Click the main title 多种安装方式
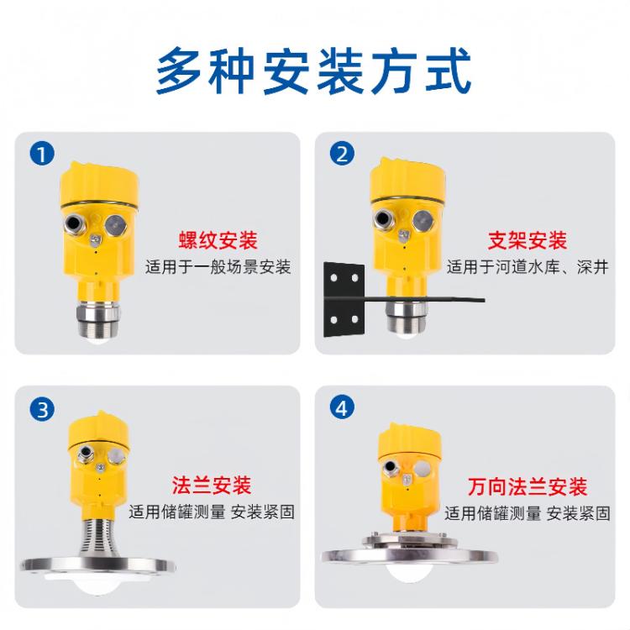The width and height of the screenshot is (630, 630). click(313, 71)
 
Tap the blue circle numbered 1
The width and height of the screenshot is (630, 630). click(42, 154)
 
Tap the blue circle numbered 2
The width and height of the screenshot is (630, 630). click(342, 154)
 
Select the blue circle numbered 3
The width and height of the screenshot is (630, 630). click(42, 409)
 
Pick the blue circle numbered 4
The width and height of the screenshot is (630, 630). click(342, 408)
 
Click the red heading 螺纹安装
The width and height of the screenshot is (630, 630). click(218, 240)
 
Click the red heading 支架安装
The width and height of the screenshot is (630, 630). click(528, 240)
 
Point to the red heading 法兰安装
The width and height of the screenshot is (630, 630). click(212, 485)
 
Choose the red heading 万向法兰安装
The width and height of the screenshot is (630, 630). click(528, 486)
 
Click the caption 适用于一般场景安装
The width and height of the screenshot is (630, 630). click(218, 267)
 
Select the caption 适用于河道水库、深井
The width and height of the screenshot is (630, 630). click(528, 267)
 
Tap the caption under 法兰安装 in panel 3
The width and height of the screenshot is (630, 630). click(212, 512)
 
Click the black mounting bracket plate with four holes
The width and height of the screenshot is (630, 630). click(344, 299)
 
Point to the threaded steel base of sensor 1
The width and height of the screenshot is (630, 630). click(98, 318)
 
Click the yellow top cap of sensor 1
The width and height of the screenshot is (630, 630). click(99, 184)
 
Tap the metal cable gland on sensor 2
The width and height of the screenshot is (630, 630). click(383, 219)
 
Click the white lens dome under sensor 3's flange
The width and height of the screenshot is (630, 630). click(97, 582)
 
